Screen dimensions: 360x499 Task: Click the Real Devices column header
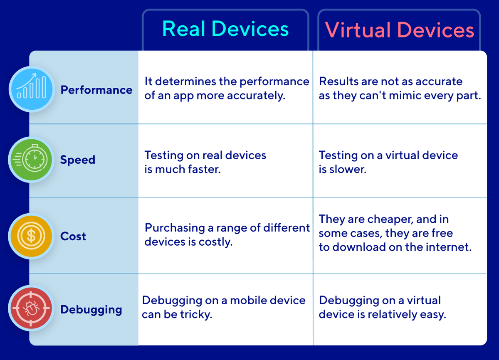pyautogui.click(x=225, y=30)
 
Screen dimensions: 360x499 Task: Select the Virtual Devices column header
pyautogui.click(x=399, y=30)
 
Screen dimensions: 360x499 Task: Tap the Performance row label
pyautogui.click(x=96, y=90)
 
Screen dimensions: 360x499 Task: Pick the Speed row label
pyautogui.click(x=78, y=160)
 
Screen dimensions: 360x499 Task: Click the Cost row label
pyautogui.click(x=73, y=236)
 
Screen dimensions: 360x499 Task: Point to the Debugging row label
pyautogui.click(x=91, y=309)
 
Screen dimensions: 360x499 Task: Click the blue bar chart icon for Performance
pyautogui.click(x=32, y=89)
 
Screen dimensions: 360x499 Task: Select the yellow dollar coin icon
pyautogui.click(x=32, y=236)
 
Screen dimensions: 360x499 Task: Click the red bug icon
pyautogui.click(x=32, y=309)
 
